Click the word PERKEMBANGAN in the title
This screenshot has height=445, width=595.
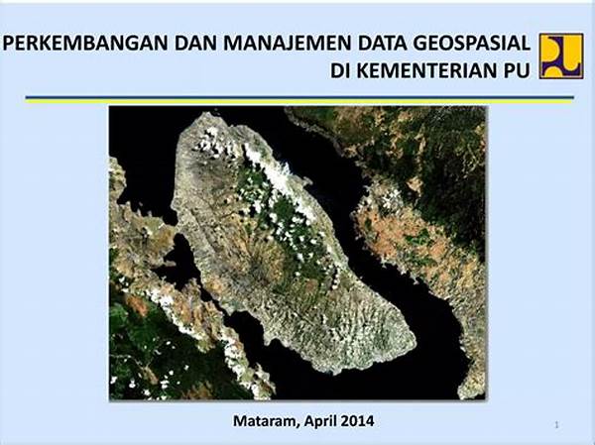click(85, 43)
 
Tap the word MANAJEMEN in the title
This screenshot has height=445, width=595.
click(288, 43)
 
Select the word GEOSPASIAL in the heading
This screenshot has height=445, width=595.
click(472, 43)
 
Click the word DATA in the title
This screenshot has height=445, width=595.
click(383, 43)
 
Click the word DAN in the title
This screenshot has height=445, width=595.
click(195, 43)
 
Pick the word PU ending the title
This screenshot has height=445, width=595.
click(517, 70)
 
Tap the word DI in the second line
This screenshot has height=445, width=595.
click(340, 70)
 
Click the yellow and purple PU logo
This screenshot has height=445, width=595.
click(561, 56)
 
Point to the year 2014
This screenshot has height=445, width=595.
click(357, 421)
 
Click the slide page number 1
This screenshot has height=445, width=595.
click(556, 425)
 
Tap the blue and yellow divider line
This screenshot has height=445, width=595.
click(299, 100)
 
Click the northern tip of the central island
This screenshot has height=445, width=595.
click(205, 115)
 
